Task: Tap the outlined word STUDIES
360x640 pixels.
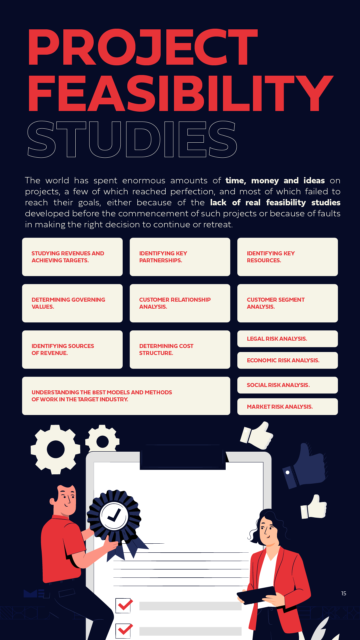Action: coord(132,139)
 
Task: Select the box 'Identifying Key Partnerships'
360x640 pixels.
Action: coord(180,257)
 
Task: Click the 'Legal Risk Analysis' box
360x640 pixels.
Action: coord(287,339)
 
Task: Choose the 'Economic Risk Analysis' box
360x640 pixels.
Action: coord(287,360)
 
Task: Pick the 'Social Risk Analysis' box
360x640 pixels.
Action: coord(287,385)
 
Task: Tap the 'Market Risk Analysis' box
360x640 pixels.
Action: coord(287,407)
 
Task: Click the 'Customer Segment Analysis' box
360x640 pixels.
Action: coord(287,303)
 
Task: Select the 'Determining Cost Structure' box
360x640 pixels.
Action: coord(180,349)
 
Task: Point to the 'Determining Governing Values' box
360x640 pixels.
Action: coord(72,303)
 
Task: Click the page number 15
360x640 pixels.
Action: coord(344,593)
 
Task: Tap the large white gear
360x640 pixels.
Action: coord(56,449)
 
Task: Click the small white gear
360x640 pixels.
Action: coord(102,440)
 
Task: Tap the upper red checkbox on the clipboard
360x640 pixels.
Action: coord(124,605)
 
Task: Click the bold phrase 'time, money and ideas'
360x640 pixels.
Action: coord(275,181)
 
